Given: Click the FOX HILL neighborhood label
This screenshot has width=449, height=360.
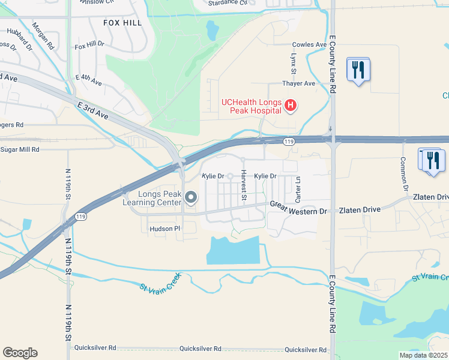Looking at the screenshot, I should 122,22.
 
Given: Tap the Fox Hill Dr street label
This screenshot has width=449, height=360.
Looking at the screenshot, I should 89,46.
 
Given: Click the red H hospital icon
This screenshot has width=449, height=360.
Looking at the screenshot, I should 291,106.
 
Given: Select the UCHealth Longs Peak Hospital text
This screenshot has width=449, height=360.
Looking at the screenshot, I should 252,106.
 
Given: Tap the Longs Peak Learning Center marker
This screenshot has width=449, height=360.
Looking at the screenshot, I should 191,197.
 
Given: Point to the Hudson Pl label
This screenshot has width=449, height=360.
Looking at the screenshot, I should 164,229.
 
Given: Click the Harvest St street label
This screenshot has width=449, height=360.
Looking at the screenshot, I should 244,185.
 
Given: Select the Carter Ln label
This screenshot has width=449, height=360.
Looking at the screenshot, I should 298,190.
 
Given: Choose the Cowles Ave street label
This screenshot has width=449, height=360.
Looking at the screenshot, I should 309,44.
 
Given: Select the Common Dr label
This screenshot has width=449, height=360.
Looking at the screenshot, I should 405,173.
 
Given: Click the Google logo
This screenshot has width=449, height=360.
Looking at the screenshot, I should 20,353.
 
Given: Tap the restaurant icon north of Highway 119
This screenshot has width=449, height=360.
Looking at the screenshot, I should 358,70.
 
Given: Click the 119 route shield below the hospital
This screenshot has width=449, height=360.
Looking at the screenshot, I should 289,141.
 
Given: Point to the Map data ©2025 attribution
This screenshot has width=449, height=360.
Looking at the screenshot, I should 423,355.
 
